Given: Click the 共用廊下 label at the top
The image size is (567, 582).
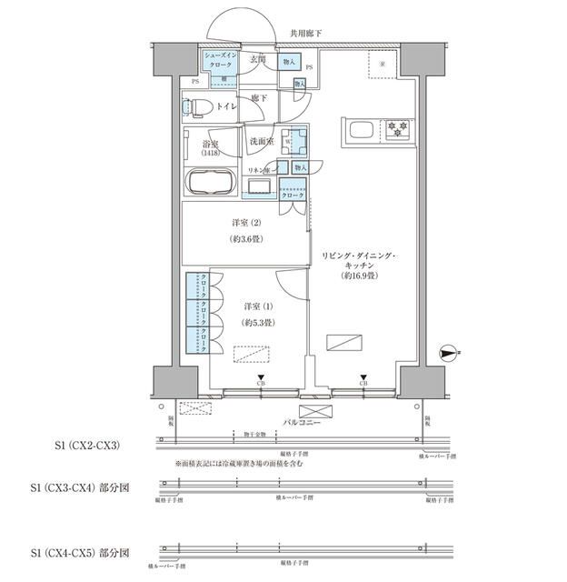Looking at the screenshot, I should pos(305,34).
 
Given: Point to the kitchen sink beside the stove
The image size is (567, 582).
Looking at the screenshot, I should pos(358,130).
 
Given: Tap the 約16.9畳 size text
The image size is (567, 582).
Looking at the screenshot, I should pos(358,275).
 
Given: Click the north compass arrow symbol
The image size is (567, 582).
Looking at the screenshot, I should pos(448,350).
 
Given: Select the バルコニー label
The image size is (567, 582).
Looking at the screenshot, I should pos(297,423).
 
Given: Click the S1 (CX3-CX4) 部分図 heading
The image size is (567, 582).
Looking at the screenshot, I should pos(80,487).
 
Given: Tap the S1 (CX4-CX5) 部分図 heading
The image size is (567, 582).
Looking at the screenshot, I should pos(80,552).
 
